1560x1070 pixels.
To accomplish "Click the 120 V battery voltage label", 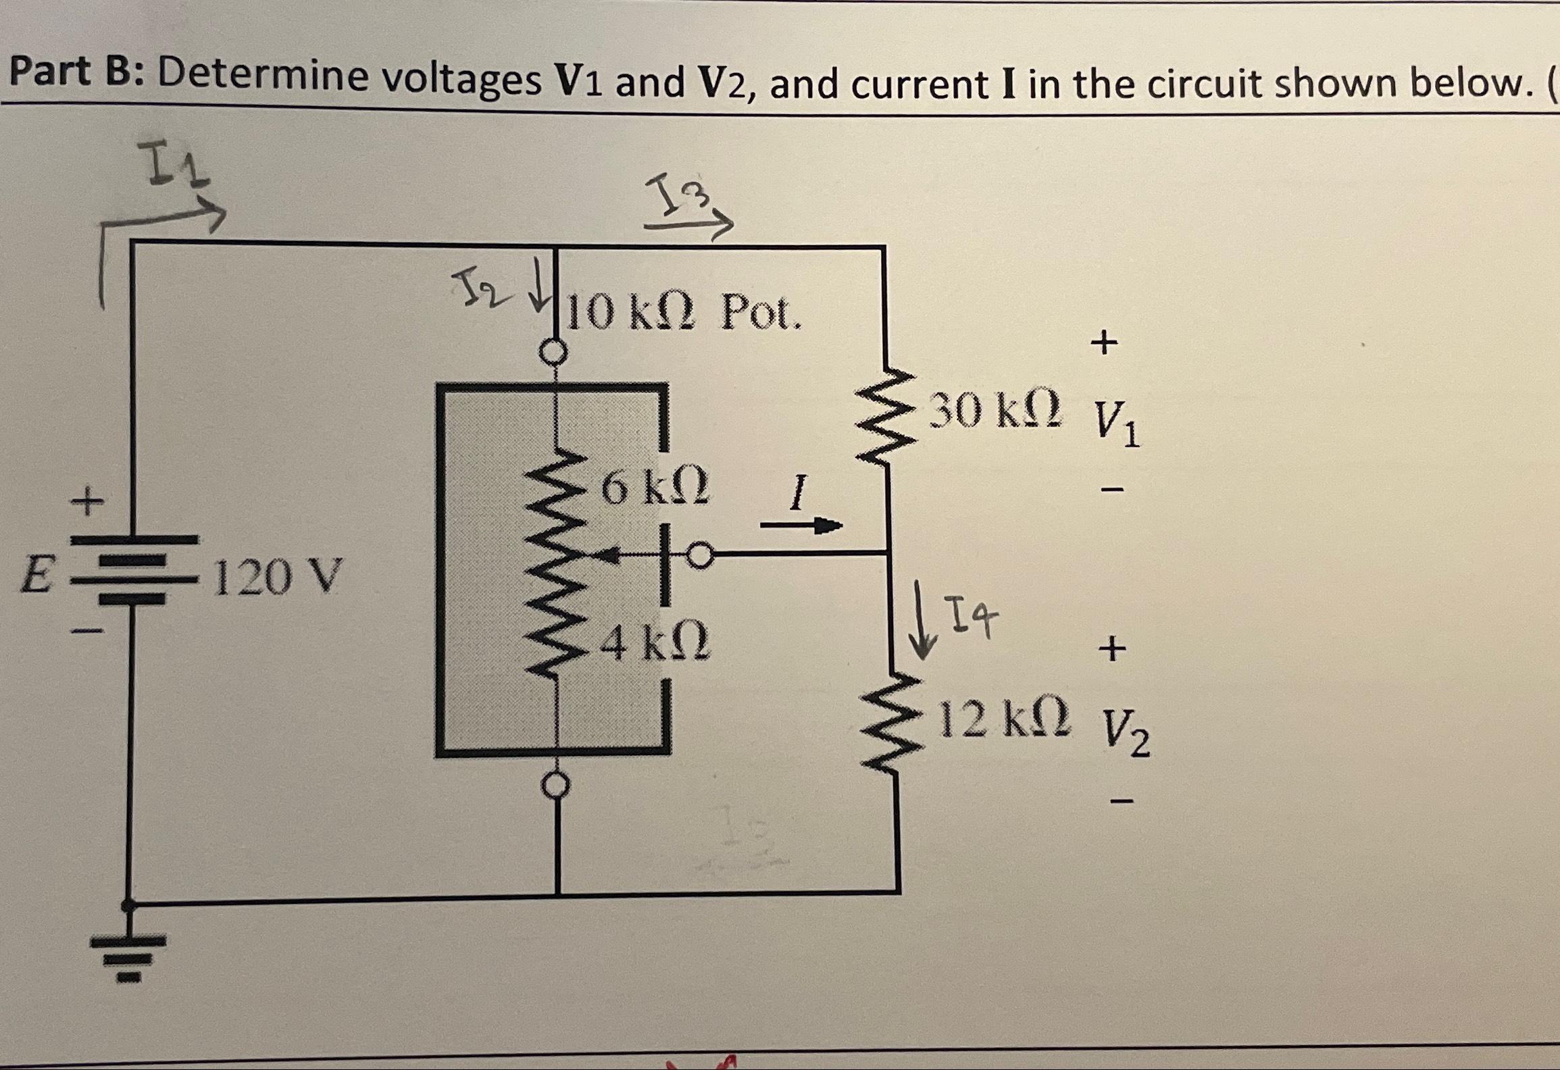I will [278, 577].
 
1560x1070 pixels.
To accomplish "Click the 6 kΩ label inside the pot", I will [654, 488].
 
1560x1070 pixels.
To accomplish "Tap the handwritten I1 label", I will [172, 169].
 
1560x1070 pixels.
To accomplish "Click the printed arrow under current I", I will [801, 526].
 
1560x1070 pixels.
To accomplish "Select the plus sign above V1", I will [1104, 343].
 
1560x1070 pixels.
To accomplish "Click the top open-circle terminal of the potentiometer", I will [555, 352].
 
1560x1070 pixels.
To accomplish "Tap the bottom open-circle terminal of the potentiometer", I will [556, 786].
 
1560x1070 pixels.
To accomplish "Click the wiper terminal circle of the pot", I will [700, 556].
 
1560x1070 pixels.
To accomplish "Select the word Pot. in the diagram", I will [761, 313].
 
